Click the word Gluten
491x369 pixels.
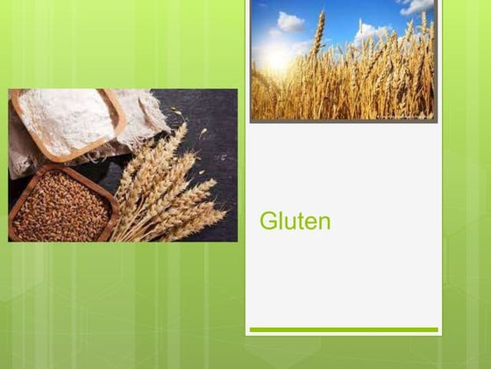click(x=295, y=221)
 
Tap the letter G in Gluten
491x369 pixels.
click(x=267, y=221)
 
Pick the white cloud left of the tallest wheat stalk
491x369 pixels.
click(x=290, y=21)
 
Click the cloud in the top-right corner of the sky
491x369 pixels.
click(x=417, y=7)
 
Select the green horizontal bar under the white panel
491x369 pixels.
click(x=343, y=330)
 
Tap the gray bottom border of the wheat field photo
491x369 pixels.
click(x=343, y=119)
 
